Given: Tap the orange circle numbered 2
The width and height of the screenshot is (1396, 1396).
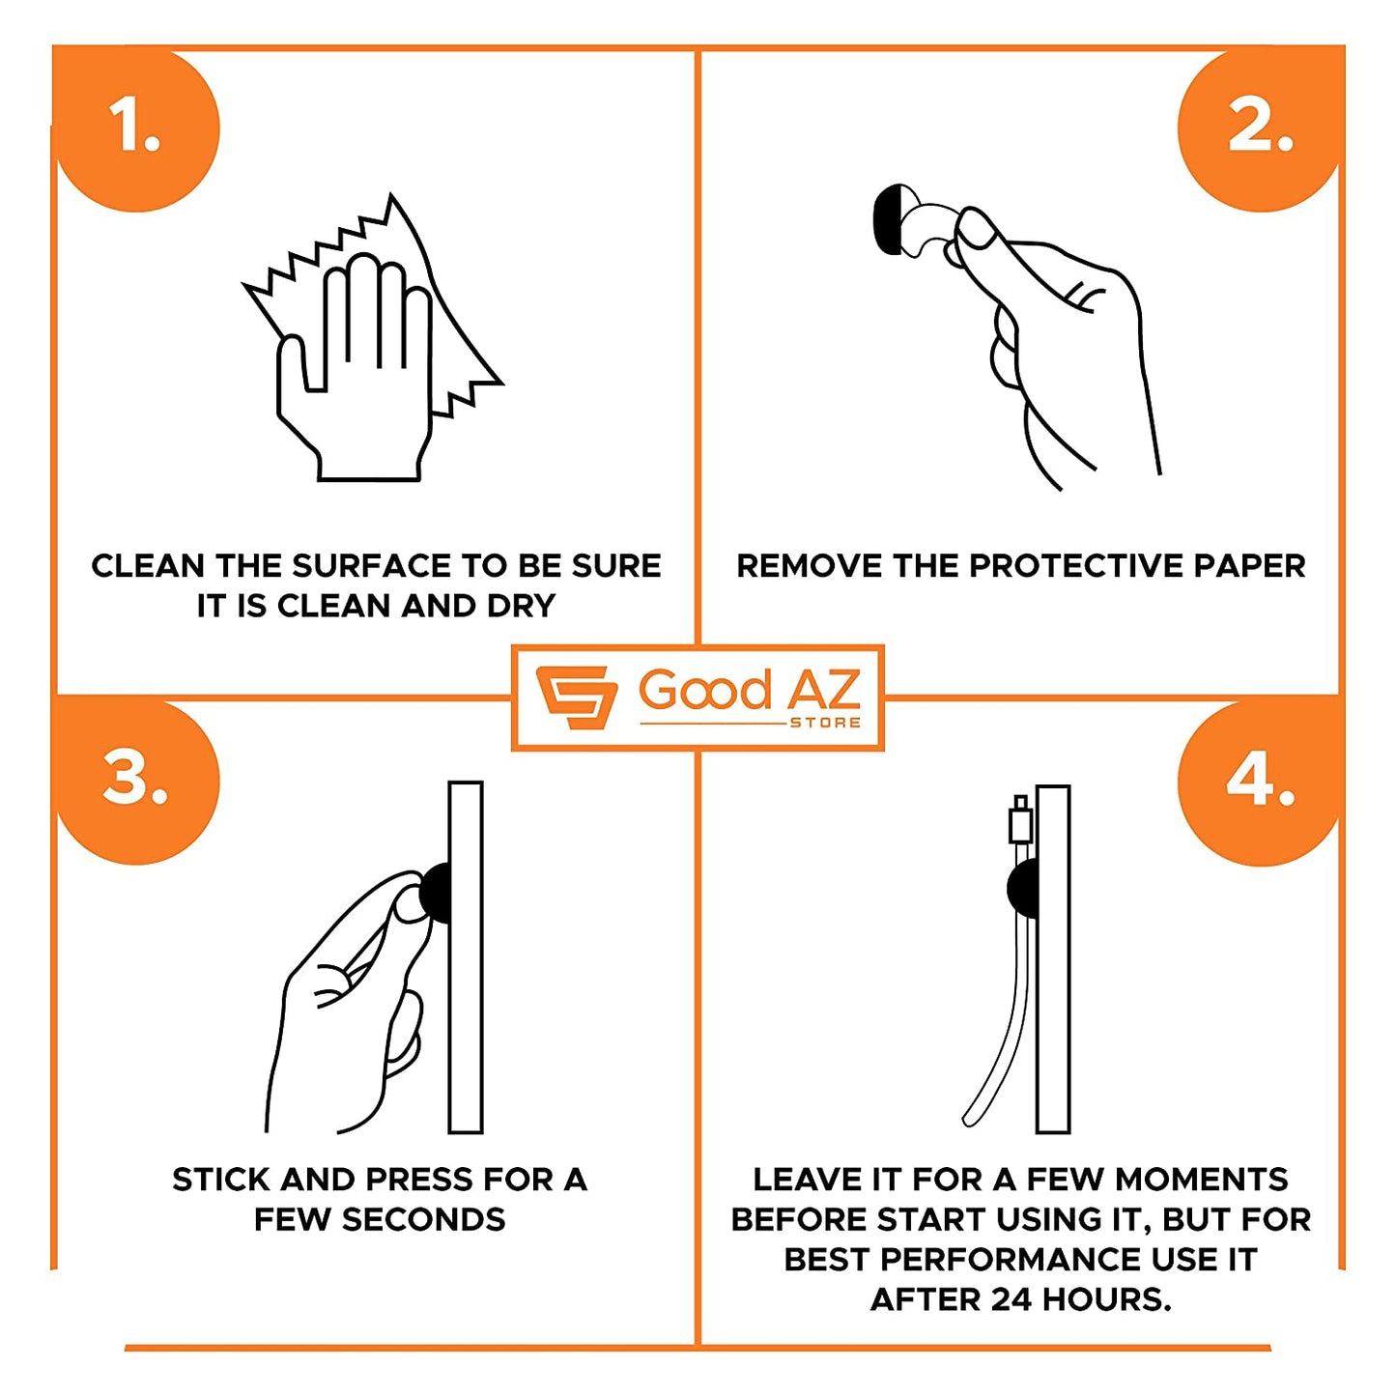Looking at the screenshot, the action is tap(1260, 130).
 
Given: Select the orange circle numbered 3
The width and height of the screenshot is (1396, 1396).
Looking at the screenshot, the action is tap(136, 783).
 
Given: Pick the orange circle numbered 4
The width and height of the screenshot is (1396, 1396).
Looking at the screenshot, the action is tap(1260, 783).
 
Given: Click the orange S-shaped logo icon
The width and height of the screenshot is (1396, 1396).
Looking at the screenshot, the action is tap(576, 697).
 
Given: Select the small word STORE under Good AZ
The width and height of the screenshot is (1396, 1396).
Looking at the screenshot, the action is tap(825, 723).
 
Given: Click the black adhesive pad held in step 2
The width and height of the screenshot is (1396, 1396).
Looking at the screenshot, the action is tap(888, 217).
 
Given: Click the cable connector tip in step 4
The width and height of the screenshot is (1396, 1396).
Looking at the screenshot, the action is tap(1020, 803).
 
